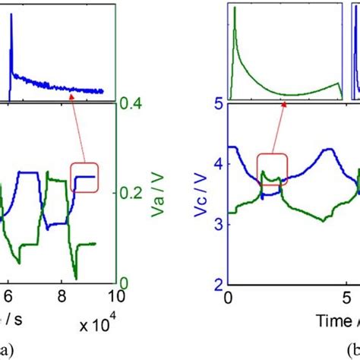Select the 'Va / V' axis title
click(159, 196)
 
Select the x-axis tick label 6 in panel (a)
click(8, 297)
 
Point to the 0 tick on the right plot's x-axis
click(229, 297)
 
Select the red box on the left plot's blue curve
click(84, 177)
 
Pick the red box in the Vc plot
click(273, 169)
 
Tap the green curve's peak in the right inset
click(235, 8)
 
